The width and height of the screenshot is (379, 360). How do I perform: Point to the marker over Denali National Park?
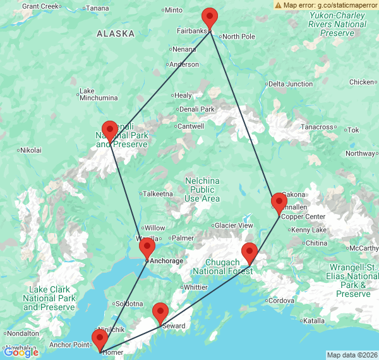click(110, 131)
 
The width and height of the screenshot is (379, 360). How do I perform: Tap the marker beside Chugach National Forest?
click(250, 253)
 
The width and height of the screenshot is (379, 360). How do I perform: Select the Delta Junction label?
click(291, 84)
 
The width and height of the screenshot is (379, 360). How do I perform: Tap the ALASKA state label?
click(116, 34)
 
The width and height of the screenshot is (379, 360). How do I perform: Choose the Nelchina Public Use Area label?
click(203, 190)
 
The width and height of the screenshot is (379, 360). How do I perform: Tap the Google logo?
click(21, 352)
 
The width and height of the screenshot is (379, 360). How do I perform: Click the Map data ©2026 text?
click(352, 355)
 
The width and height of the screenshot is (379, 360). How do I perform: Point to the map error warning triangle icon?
click(279, 4)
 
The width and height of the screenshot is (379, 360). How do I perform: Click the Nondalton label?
click(23, 333)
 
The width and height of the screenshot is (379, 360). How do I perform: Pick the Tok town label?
click(353, 130)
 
